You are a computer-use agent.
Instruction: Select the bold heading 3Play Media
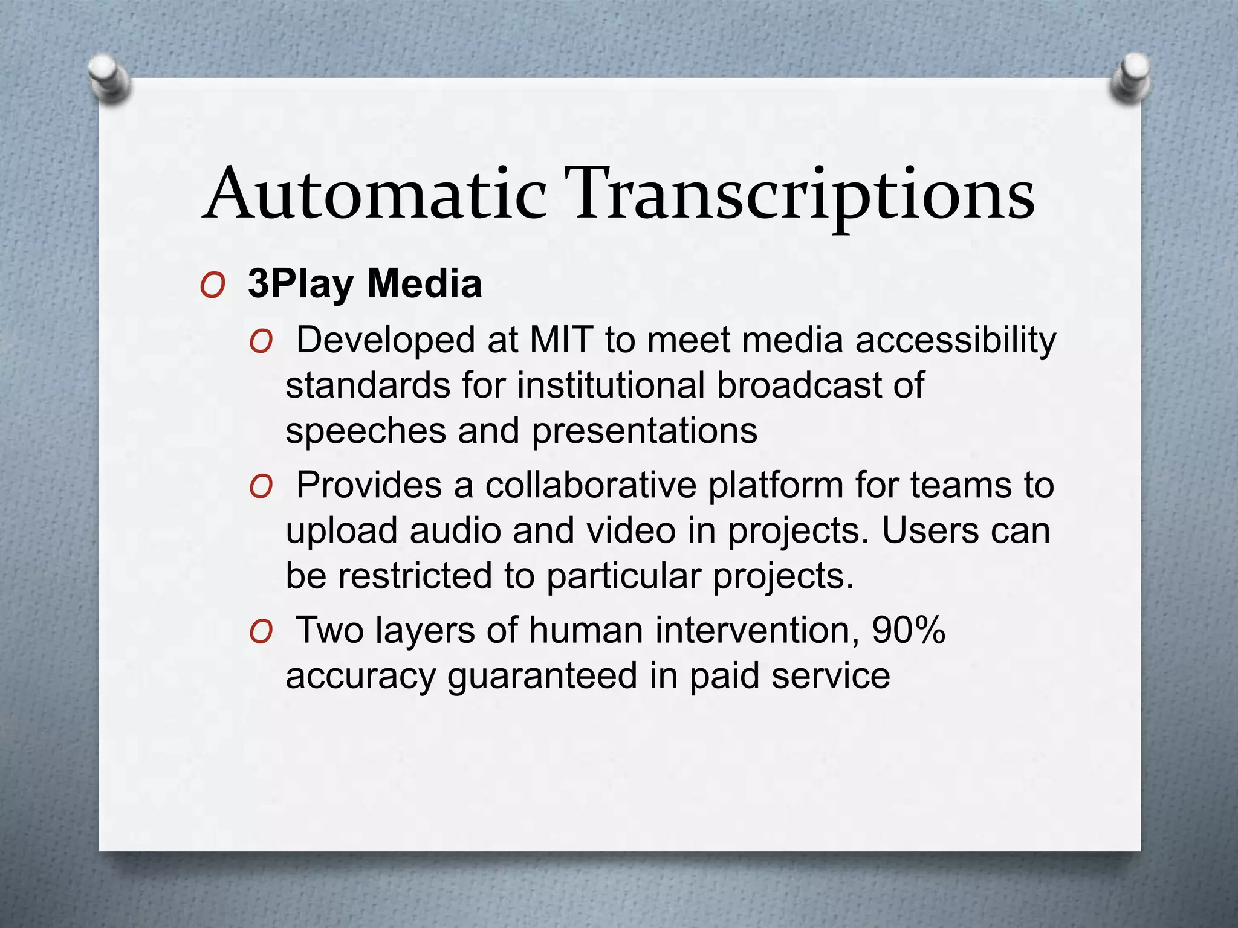365,283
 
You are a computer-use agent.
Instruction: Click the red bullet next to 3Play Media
212,285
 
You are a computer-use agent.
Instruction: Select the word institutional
611,385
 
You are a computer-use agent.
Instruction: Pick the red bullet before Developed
261,342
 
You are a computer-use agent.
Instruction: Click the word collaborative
591,485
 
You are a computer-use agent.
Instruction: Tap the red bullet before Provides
261,487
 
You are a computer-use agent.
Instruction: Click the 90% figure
909,630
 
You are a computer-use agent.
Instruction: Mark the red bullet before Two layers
261,633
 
